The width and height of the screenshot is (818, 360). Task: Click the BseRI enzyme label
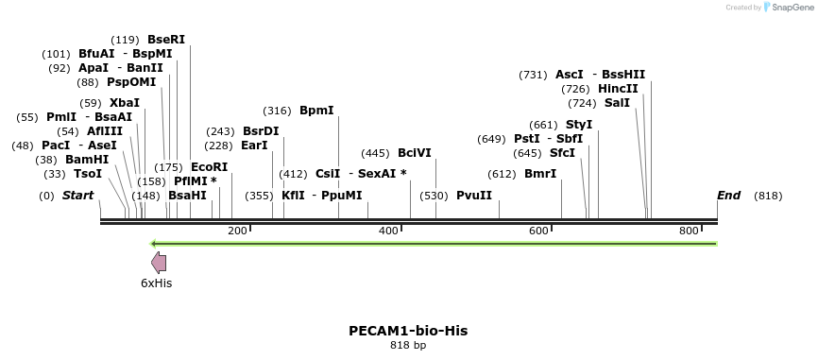coord(166,40)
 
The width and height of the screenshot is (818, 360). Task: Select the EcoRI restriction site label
coord(209,167)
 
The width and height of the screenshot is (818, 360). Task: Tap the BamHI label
coord(87,160)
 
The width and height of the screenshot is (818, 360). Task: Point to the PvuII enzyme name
coord(474,196)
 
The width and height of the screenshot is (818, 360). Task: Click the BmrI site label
coord(540,174)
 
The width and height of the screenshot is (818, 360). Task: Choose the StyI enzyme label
coord(579,125)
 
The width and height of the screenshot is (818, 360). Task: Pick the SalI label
coord(617,103)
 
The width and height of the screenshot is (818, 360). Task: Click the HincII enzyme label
coord(619,89)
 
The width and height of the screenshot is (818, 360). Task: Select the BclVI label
coord(415,153)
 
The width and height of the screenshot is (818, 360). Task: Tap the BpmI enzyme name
coord(316,111)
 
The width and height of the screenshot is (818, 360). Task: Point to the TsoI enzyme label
coord(88,174)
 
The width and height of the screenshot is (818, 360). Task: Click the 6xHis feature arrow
coord(159,264)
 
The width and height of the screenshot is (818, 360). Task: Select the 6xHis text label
coord(157,283)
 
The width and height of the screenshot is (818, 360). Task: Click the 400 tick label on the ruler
coord(388,231)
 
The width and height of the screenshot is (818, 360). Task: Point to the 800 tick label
coord(689,231)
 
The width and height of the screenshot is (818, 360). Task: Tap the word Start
coord(78,196)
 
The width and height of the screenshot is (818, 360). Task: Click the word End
coord(728,196)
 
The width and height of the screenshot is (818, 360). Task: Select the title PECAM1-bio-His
coord(408,331)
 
